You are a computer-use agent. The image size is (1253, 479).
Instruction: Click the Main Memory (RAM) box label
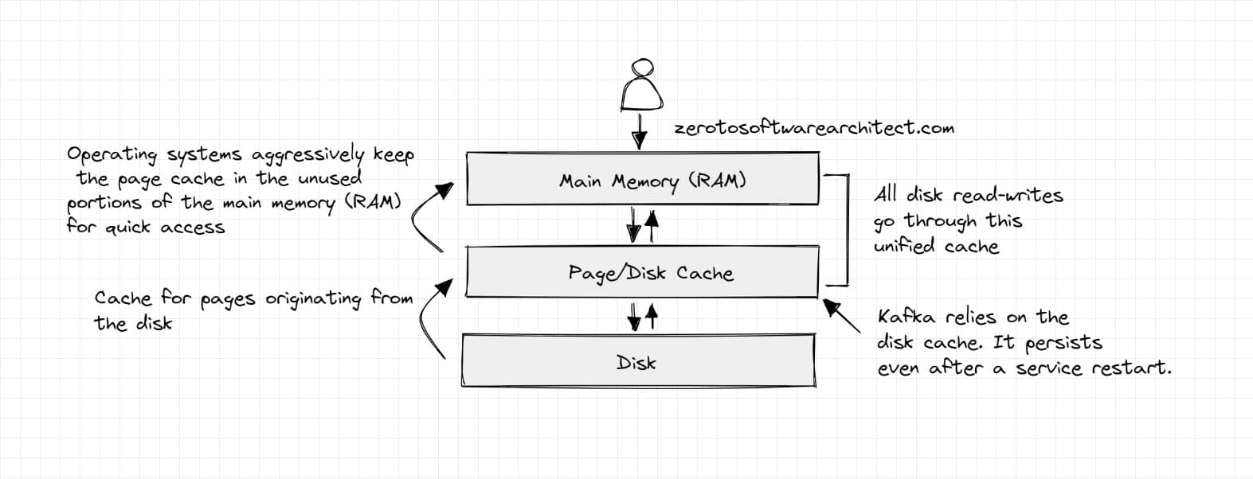(x=652, y=181)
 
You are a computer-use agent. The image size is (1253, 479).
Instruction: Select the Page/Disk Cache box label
(x=650, y=274)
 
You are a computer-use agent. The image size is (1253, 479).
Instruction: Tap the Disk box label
(x=636, y=363)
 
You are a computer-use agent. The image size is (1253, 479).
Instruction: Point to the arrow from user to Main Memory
(x=639, y=131)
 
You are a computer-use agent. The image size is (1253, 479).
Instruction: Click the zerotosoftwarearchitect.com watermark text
(x=813, y=128)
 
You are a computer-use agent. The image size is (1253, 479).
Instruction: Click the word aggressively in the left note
(x=307, y=154)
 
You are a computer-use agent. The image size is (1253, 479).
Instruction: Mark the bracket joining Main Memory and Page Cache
(x=846, y=228)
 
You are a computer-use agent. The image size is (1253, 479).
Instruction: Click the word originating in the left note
(x=312, y=299)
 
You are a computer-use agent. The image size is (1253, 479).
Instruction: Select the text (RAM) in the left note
(x=371, y=202)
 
